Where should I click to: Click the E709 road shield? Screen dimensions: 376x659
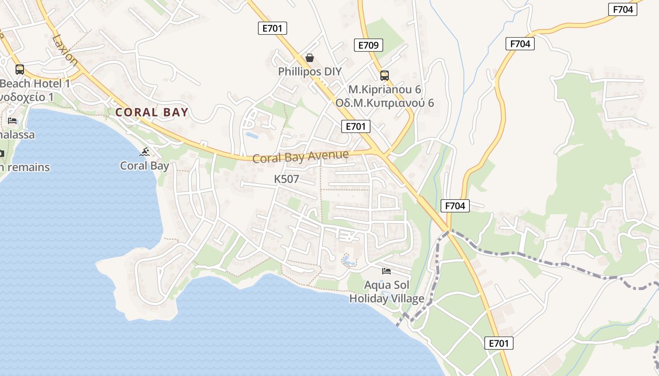click(x=368, y=45)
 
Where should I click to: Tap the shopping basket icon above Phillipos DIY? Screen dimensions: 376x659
click(x=310, y=58)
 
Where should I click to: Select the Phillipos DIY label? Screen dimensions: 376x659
click(x=310, y=71)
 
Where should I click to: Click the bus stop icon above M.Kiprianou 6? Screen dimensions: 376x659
click(x=385, y=75)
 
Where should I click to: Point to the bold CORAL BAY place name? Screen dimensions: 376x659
click(x=152, y=112)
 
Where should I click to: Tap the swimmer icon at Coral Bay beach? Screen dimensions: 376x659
click(x=145, y=151)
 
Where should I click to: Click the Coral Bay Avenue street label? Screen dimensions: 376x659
click(x=300, y=156)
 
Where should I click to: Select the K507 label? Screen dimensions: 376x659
click(x=287, y=179)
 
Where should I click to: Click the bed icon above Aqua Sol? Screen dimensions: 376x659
click(x=386, y=271)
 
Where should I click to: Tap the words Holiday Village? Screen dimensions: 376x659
click(x=386, y=298)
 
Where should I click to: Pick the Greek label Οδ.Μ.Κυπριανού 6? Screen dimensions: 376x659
click(x=385, y=103)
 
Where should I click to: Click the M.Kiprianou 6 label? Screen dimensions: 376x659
click(x=385, y=89)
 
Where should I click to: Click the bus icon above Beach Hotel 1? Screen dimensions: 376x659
click(x=20, y=70)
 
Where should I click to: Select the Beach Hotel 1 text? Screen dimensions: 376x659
click(x=35, y=84)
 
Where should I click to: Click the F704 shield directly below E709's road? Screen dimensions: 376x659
click(x=455, y=205)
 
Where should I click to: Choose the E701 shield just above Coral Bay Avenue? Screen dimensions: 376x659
click(x=355, y=126)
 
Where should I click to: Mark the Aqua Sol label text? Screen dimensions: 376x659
click(x=386, y=285)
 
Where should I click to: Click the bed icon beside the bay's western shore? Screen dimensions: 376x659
click(x=12, y=121)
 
